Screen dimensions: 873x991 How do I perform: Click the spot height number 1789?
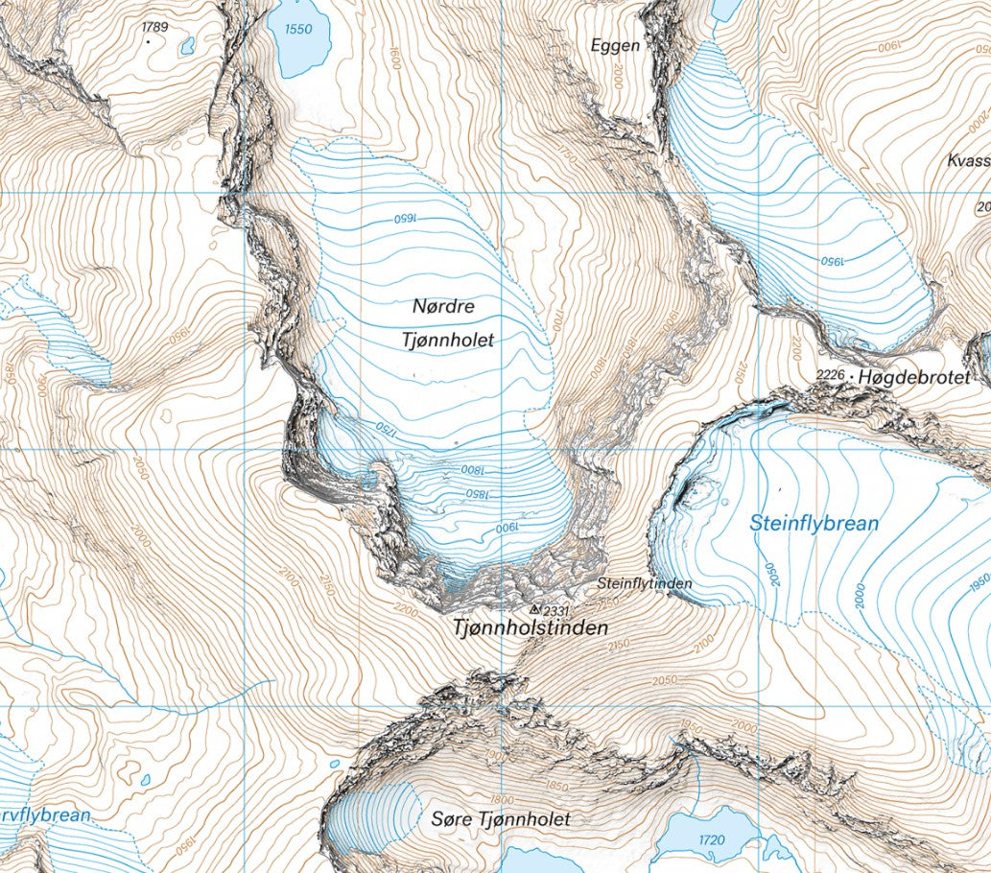pos(154,27)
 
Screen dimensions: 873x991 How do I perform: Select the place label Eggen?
pos(615,45)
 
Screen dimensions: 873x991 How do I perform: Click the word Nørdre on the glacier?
pos(443,307)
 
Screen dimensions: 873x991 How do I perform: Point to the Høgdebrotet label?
pos(915,378)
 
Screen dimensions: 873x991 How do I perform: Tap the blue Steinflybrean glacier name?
pos(814,524)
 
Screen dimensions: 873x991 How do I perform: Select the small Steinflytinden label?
pos(644,583)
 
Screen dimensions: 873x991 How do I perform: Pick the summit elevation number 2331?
pos(556,610)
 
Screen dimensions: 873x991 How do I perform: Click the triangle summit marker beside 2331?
pos(534,609)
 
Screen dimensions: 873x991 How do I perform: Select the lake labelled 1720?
pos(711,840)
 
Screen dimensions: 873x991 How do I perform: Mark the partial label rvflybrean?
pos(45,815)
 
